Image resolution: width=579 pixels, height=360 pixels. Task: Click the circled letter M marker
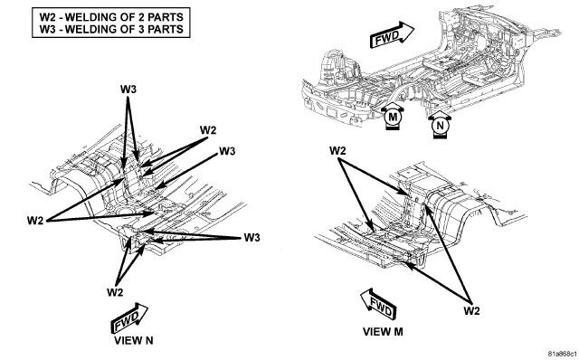coord(393,118)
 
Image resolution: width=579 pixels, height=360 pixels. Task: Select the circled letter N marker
coord(440,126)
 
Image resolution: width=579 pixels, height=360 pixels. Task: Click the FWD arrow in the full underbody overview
coord(392,35)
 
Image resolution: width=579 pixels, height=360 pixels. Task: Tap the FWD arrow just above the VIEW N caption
coord(129,317)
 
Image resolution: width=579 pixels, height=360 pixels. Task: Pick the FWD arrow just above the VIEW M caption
coord(378,304)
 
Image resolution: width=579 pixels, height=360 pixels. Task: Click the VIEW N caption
coord(133,340)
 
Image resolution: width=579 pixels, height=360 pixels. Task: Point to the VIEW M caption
coord(383,332)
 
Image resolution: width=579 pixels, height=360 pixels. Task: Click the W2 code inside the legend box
coord(48,17)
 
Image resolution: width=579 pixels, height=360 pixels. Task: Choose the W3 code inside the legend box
coord(48,29)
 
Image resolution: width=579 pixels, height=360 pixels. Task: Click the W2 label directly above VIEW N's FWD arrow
coord(115,292)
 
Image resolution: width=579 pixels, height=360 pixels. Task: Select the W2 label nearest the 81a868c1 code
coord(471,310)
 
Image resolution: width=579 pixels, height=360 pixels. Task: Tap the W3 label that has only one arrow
coord(227,151)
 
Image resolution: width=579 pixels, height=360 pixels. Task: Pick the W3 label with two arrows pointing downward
coord(128,89)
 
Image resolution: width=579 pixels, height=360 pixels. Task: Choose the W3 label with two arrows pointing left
coord(252,237)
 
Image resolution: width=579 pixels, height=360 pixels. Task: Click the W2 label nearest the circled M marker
coord(337,150)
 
